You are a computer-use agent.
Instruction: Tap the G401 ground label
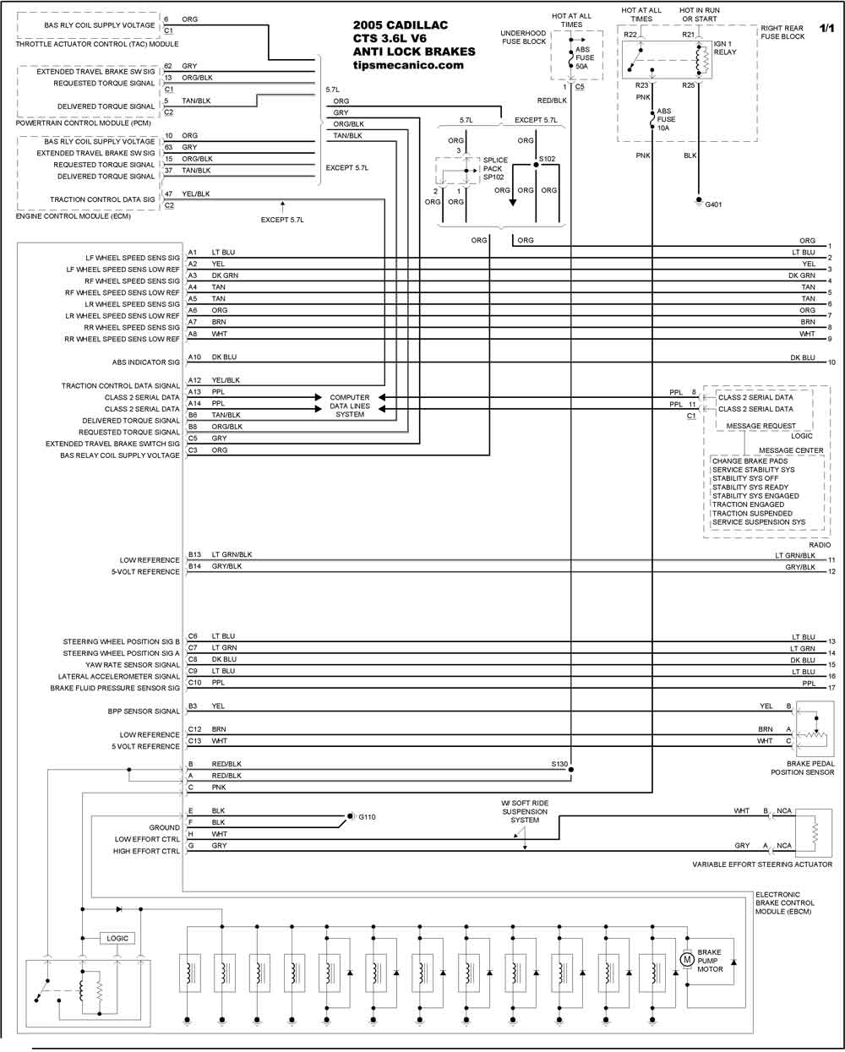coord(713,204)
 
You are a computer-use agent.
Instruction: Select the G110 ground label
coord(367,817)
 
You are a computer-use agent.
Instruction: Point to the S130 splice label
coord(559,764)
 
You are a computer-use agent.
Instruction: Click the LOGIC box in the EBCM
coord(117,938)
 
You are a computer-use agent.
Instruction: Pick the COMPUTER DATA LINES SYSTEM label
coord(350,406)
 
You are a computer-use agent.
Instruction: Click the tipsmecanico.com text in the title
coord(408,64)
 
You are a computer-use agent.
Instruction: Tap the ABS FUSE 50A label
coord(585,57)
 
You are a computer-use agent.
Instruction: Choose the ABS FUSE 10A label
coord(666,119)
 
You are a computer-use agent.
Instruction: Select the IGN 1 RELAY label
coord(725,48)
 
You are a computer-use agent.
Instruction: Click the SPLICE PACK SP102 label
coord(495,169)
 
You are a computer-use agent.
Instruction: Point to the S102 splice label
coord(548,159)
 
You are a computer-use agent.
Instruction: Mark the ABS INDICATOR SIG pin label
coord(145,362)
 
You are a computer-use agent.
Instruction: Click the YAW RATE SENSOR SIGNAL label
coord(133,665)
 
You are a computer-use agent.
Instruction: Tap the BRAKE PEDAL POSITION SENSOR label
coord(803,768)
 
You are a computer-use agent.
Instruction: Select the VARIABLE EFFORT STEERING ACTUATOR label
coord(762,864)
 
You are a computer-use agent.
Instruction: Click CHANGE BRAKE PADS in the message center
coord(750,461)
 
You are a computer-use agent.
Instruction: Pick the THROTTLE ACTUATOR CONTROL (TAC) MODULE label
coord(97,44)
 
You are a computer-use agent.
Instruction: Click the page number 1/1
coord(826,28)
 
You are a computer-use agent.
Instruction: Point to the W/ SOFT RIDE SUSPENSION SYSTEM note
coord(525,811)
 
